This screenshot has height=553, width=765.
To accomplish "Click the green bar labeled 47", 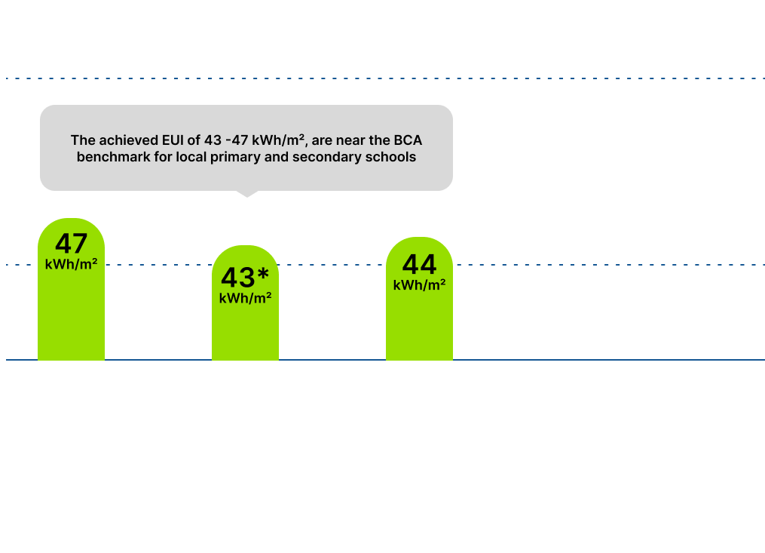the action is pyautogui.click(x=72, y=289).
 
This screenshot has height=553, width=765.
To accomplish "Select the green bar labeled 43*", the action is pyautogui.click(x=246, y=303).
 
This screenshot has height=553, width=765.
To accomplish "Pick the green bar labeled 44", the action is pyautogui.click(x=420, y=299).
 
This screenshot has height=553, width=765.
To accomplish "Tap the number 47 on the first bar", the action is pyautogui.click(x=72, y=243).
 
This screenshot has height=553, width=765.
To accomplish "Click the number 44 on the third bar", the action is pyautogui.click(x=420, y=264).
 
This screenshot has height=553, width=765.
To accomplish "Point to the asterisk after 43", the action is pyautogui.click(x=264, y=274).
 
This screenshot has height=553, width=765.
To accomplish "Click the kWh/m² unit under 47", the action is pyautogui.click(x=72, y=264).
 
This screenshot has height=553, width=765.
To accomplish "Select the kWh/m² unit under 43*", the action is pyautogui.click(x=246, y=298).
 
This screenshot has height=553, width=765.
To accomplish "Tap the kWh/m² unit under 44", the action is pyautogui.click(x=420, y=285).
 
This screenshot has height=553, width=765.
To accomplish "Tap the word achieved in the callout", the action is pyautogui.click(x=129, y=140).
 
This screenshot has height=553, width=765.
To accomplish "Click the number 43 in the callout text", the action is pyautogui.click(x=213, y=140).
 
